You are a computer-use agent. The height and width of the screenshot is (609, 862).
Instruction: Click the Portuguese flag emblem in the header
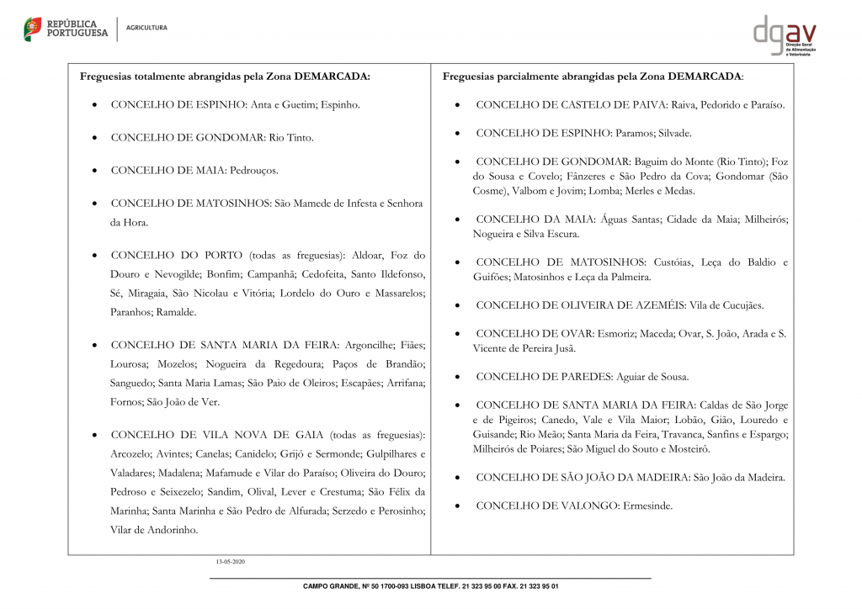coord(33,29)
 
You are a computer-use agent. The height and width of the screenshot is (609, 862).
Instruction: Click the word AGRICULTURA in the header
coord(146,28)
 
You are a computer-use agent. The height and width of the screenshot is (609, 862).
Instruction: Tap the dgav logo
coord(784,35)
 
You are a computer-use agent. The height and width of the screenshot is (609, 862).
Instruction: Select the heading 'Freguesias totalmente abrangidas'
coord(225,77)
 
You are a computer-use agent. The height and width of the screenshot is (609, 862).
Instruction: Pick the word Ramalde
coord(177,312)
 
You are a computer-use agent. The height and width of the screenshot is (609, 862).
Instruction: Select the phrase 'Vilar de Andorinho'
coord(154,530)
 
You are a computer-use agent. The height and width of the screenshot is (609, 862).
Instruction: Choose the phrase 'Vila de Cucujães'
coord(726,305)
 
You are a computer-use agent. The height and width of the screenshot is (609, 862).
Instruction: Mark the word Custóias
coord(670,262)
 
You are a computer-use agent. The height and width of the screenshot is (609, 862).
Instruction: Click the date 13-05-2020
coord(229,561)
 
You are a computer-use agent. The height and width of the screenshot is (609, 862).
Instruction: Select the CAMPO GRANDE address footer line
coord(430,586)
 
